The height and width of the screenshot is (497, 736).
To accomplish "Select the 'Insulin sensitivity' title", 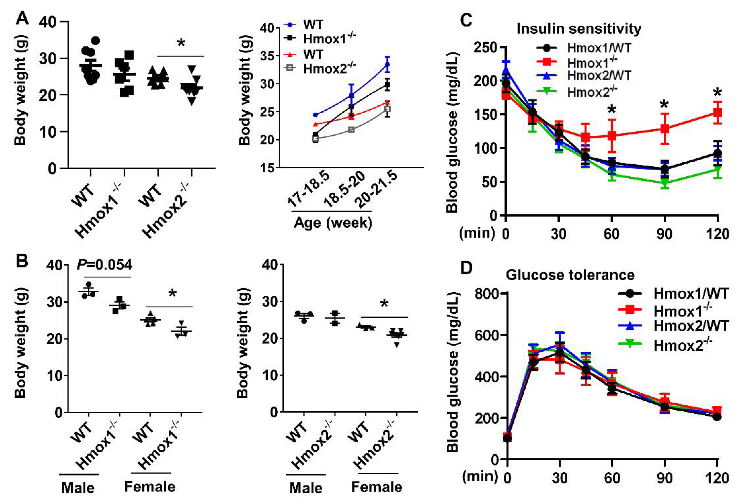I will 579,29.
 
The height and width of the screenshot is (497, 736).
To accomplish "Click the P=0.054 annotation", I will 105,265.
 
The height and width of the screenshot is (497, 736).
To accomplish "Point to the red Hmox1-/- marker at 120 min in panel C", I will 717,112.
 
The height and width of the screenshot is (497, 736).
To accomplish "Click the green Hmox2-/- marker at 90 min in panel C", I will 664,183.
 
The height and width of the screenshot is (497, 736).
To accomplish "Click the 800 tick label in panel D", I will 488,293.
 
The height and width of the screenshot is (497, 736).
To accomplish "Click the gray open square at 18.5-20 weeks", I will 351,130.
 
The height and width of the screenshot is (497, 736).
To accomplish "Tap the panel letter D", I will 466,268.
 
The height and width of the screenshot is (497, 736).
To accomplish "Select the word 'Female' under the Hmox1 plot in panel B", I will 149,487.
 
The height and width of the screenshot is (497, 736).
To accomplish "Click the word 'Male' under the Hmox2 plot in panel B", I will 306,488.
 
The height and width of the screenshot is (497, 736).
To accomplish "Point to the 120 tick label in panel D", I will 717,478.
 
